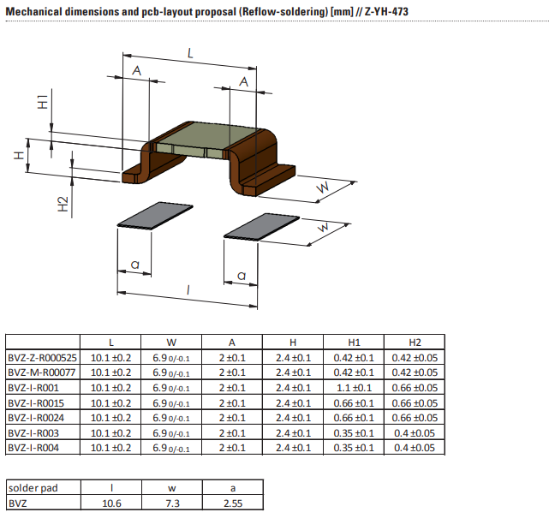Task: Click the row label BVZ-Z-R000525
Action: pos(42,357)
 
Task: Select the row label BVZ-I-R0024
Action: pos(37,417)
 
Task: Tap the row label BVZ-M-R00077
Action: pos(40,372)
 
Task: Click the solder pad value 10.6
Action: pos(110,503)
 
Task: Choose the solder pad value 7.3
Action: pos(171,503)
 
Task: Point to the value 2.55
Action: pos(232,503)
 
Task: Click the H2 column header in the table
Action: pos(415,342)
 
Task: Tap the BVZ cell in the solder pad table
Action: pos(18,503)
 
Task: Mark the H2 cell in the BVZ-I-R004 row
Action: pos(415,447)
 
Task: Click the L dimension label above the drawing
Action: pos(190,53)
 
